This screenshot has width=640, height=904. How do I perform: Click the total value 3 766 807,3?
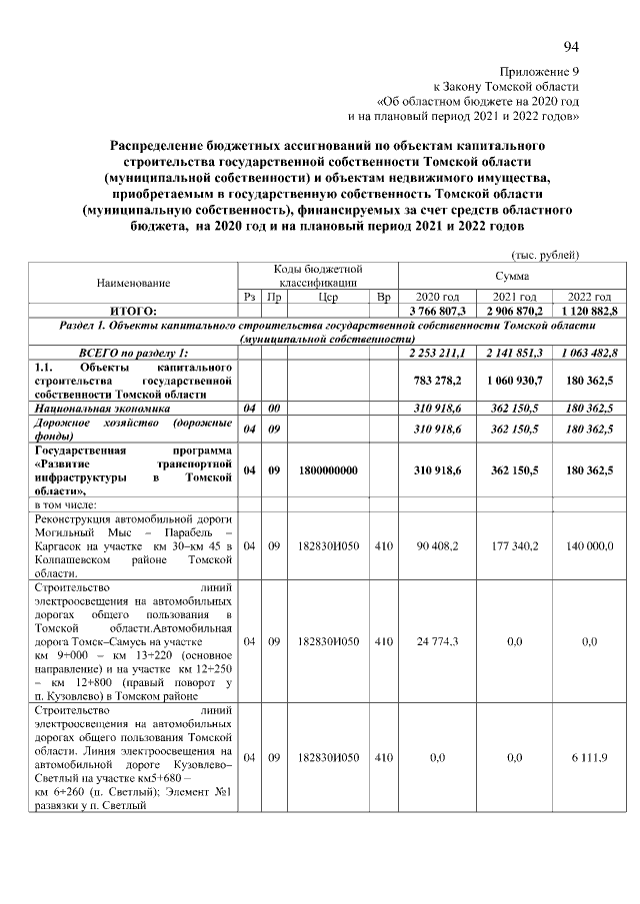437,312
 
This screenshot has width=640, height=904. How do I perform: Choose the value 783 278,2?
437,381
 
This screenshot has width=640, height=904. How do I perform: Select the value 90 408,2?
437,546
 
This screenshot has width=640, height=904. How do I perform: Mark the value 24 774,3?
437,641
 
